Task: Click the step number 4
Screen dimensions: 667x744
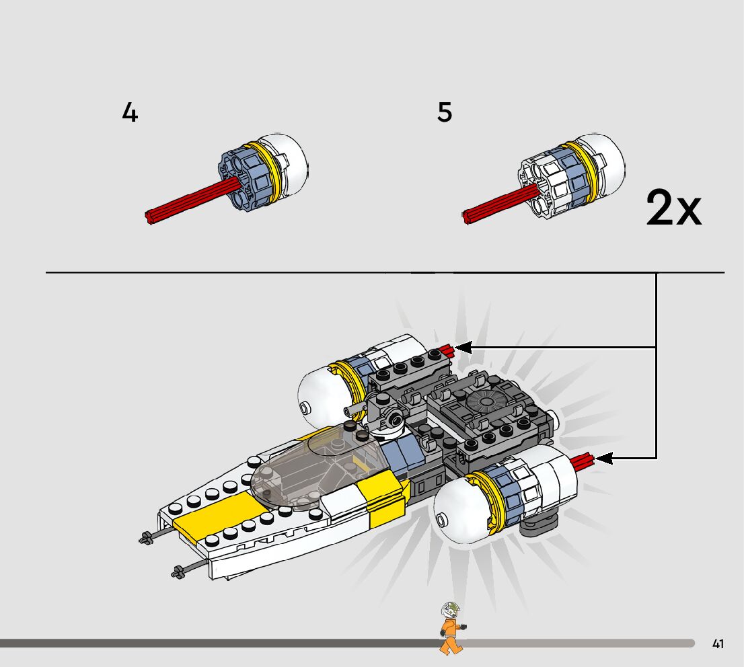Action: pos(130,112)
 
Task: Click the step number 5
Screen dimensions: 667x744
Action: pos(445,112)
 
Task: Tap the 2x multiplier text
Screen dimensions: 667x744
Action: pos(673,208)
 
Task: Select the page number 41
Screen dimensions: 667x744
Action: pos(718,644)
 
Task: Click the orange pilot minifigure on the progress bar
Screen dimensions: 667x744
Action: pos(449,628)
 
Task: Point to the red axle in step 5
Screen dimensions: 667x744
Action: pos(498,202)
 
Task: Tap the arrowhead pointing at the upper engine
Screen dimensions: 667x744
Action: pos(463,348)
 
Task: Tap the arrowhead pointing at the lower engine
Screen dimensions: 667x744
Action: pos(603,459)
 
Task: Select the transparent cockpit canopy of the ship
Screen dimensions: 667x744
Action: pos(316,471)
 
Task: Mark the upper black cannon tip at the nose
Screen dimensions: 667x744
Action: pos(145,537)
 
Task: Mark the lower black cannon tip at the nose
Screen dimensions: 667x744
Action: pos(178,573)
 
